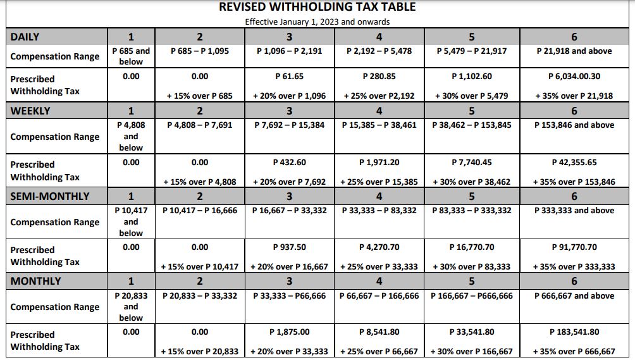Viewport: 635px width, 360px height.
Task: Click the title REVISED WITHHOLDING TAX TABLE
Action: click(x=317, y=7)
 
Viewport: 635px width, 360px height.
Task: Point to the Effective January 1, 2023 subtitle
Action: click(x=317, y=22)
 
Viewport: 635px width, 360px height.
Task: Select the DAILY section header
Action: click(x=25, y=37)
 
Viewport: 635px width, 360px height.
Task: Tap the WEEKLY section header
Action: click(x=30, y=111)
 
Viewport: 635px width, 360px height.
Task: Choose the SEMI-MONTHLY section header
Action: click(x=50, y=196)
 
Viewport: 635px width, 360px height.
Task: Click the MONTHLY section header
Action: click(x=36, y=281)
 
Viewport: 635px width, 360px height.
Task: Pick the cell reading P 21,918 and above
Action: click(x=574, y=51)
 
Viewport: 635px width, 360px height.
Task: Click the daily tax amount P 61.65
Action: click(x=289, y=76)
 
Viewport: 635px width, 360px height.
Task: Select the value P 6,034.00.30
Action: click(x=574, y=76)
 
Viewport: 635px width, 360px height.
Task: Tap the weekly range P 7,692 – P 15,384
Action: click(x=289, y=125)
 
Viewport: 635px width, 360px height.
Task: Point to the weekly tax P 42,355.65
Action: click(x=574, y=162)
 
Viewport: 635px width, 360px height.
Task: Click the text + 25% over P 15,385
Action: click(x=379, y=182)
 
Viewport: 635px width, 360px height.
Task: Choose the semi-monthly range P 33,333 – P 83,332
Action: click(x=379, y=210)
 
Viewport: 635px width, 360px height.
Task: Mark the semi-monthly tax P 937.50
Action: click(x=289, y=247)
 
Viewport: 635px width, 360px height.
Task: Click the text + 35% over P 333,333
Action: click(x=574, y=266)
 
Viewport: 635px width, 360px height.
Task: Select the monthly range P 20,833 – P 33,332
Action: click(x=200, y=295)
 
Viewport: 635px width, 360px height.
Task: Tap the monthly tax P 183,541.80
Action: click(x=574, y=332)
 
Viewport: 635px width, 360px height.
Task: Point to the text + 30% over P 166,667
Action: click(x=471, y=351)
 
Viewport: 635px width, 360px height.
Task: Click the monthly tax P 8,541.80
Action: click(x=379, y=332)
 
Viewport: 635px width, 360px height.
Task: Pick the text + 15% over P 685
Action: click(x=200, y=96)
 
